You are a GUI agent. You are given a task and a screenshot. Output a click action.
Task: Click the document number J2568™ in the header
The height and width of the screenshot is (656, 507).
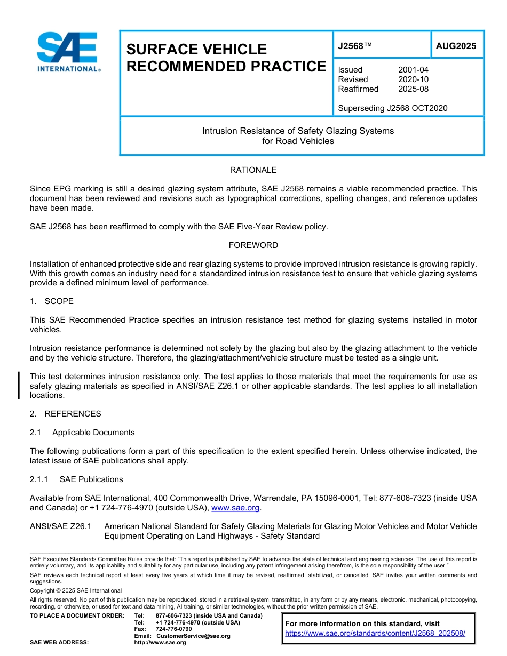click(x=354, y=46)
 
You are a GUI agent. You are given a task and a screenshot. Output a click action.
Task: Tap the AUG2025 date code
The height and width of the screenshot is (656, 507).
click(x=456, y=46)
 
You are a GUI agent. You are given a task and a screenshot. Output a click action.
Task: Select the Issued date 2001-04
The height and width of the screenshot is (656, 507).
click(x=413, y=70)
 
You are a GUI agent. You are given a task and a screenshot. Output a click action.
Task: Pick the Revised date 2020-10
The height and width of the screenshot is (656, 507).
click(x=413, y=79)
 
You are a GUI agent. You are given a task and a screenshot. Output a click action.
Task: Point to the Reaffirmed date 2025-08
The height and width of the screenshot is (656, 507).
click(x=413, y=89)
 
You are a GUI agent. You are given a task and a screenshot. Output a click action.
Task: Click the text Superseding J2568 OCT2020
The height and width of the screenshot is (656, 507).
click(x=392, y=108)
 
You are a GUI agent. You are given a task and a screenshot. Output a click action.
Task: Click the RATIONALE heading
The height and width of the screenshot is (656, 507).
click(x=253, y=170)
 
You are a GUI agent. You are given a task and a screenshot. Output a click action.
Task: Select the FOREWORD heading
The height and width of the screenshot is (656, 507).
click(x=253, y=245)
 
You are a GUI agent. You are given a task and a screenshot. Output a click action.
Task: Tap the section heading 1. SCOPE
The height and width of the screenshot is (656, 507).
click(x=52, y=301)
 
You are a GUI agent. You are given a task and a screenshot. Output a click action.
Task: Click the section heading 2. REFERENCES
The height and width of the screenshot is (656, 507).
click(x=65, y=414)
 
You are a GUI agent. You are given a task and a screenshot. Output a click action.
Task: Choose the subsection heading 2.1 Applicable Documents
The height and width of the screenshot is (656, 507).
click(x=82, y=433)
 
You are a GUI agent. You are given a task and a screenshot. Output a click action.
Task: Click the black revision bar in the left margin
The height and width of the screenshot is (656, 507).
click(x=19, y=386)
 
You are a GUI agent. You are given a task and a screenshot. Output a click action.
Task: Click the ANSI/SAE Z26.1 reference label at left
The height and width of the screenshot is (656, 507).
click(x=60, y=526)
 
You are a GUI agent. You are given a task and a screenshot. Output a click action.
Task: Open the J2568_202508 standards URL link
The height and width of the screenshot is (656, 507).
click(x=375, y=634)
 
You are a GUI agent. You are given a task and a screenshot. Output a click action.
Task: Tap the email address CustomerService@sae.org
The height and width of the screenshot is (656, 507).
click(x=193, y=636)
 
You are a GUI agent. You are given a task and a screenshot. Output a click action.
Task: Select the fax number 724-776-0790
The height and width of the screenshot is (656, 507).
click(x=173, y=629)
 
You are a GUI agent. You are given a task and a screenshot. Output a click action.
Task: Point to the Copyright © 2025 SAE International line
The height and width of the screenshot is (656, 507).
click(x=76, y=590)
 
